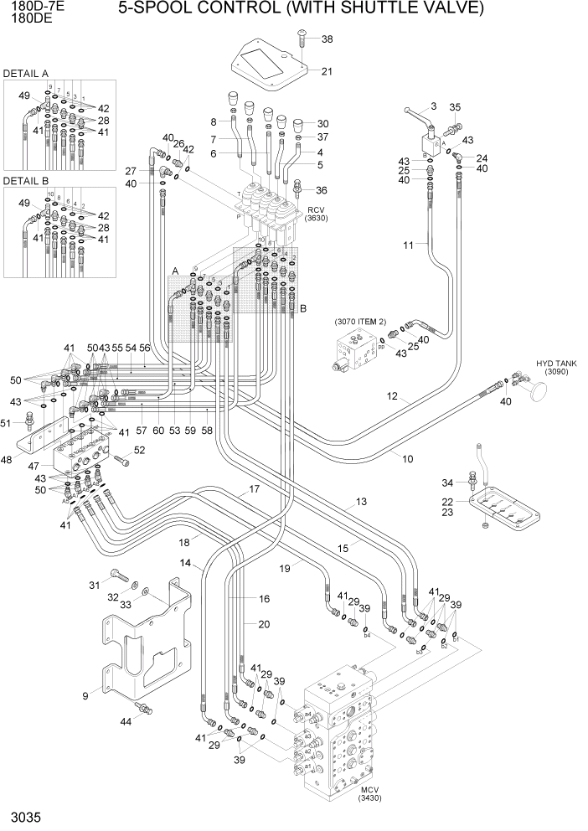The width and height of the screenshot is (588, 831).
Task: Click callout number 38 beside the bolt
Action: coord(327,39)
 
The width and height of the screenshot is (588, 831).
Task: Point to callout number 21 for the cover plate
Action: coord(327,71)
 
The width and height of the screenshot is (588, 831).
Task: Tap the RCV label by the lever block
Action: coord(316,210)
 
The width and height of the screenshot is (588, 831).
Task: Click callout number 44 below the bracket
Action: coord(126,720)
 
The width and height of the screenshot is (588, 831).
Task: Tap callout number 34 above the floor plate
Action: coord(447,483)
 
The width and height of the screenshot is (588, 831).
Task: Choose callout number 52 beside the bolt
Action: coord(139,450)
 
